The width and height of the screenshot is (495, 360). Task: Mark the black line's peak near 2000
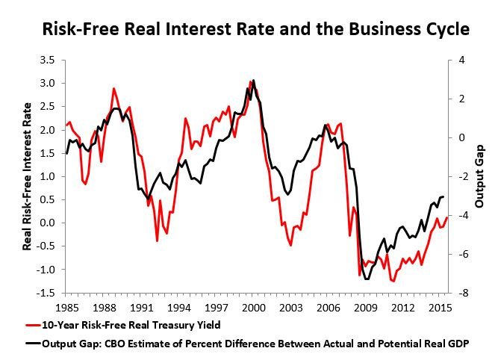254,80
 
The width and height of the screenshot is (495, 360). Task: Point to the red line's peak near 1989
113,88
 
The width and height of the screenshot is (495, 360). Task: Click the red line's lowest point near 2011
393,282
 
